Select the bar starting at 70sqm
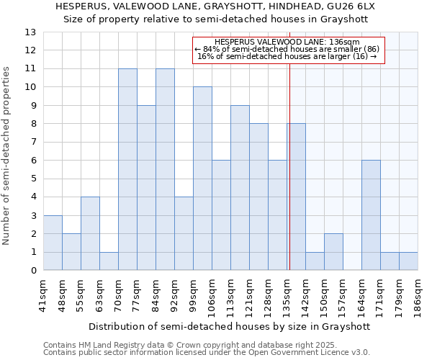click(x=127, y=169)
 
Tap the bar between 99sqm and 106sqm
click(x=202, y=179)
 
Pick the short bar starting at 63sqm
click(x=109, y=261)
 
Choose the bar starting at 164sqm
click(x=371, y=215)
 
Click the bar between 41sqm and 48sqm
click(x=53, y=243)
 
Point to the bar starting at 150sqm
click(x=333, y=252)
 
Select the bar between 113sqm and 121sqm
click(x=240, y=188)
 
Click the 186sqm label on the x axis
click(x=418, y=295)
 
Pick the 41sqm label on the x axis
click(x=43, y=295)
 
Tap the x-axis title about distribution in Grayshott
click(x=230, y=326)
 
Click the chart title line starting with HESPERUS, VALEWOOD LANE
click(x=215, y=6)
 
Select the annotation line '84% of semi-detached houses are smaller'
click(x=287, y=49)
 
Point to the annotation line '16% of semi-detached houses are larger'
click(x=287, y=56)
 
